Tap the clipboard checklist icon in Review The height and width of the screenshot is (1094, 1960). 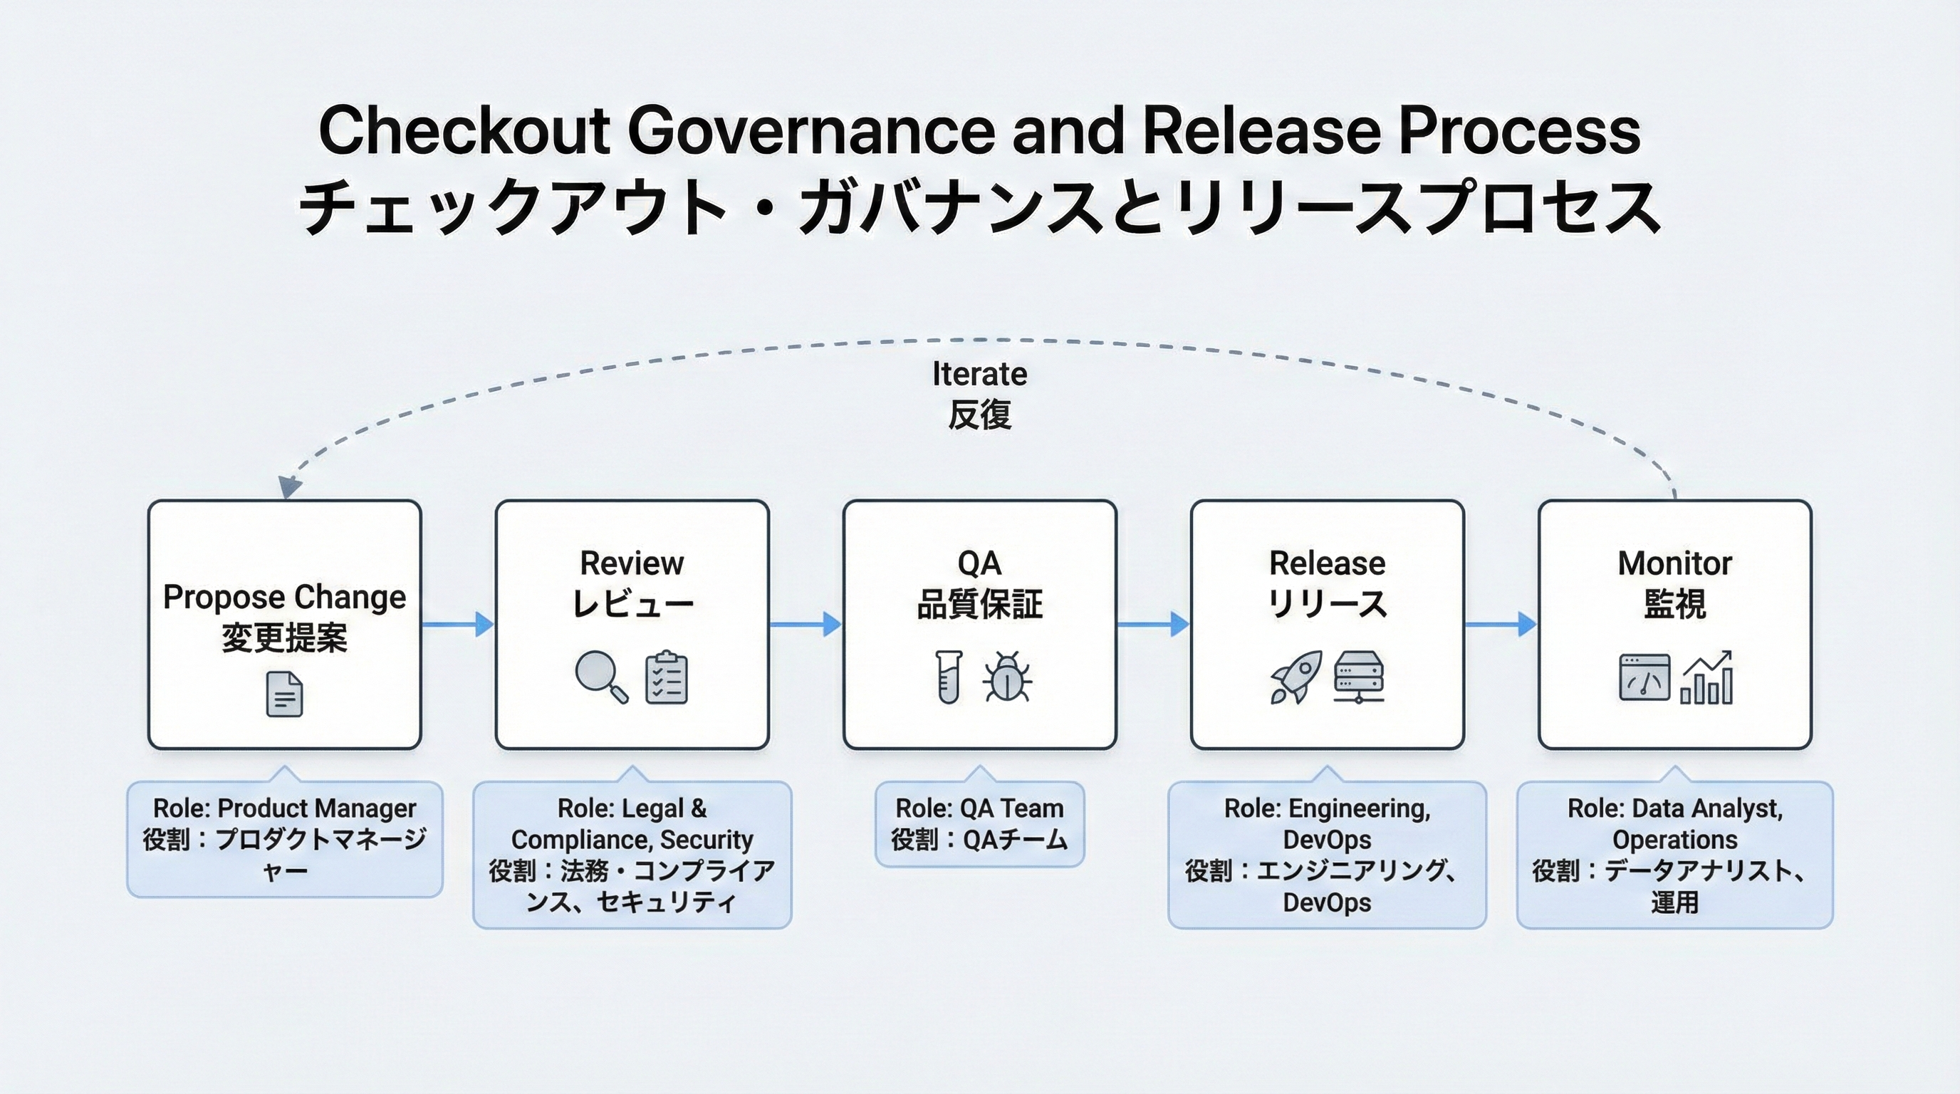pyautogui.click(x=667, y=677)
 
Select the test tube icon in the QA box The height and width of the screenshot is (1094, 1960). pyautogui.click(x=948, y=677)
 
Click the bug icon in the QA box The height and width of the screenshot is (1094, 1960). pyautogui.click(x=1007, y=677)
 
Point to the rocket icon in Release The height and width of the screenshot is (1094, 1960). pyautogui.click(x=1296, y=677)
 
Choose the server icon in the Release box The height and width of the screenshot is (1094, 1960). pyautogui.click(x=1359, y=677)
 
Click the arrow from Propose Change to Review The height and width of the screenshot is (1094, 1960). pyautogui.click(x=457, y=625)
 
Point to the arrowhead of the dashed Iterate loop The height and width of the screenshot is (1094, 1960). pyautogui.click(x=288, y=488)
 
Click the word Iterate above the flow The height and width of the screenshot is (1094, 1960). pyautogui.click(x=979, y=375)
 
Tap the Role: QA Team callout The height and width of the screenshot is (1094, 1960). pyautogui.click(x=979, y=824)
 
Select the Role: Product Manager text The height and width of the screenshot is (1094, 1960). pyautogui.click(x=285, y=808)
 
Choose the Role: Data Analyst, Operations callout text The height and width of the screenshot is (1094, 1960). pyautogui.click(x=1674, y=824)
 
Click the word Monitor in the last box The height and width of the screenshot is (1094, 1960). pyautogui.click(x=1674, y=563)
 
